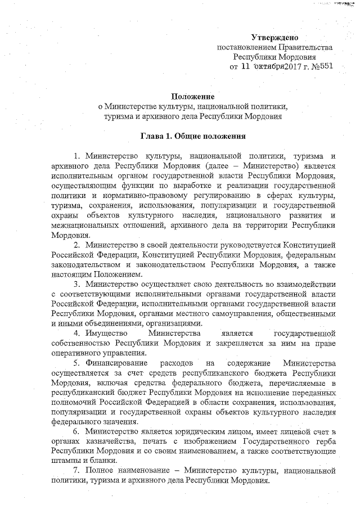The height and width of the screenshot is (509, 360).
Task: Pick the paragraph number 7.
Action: tap(76, 470)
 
